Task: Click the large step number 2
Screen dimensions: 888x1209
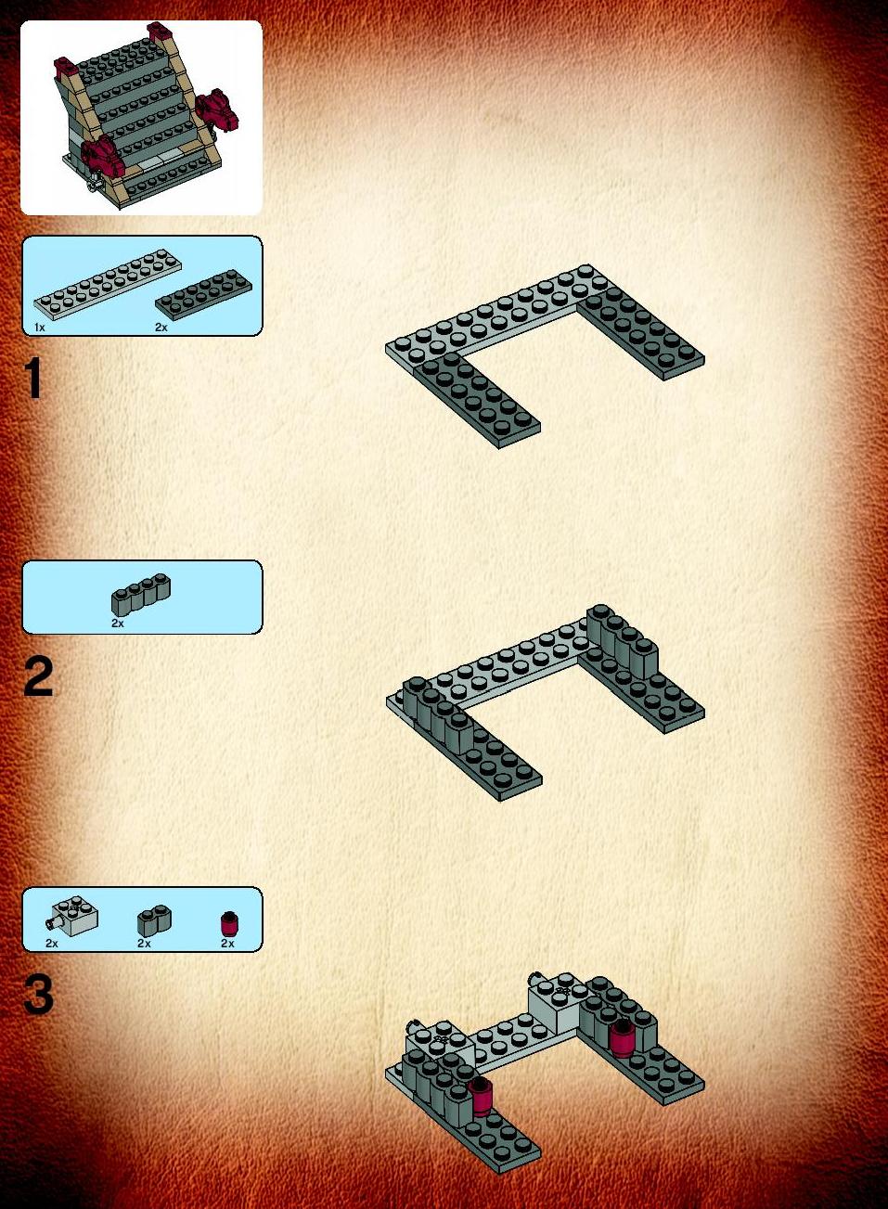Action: (38, 676)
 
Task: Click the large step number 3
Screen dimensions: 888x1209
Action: (38, 994)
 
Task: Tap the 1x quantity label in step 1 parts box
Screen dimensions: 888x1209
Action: (39, 328)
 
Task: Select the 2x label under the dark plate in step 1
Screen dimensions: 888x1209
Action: (161, 328)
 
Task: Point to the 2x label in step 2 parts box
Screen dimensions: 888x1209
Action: (118, 623)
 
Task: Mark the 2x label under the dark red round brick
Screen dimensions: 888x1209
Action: (227, 944)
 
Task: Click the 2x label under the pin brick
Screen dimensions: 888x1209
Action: (52, 944)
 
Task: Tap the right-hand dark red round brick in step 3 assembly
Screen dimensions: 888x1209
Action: (620, 1036)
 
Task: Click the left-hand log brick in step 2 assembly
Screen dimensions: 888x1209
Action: (438, 715)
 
